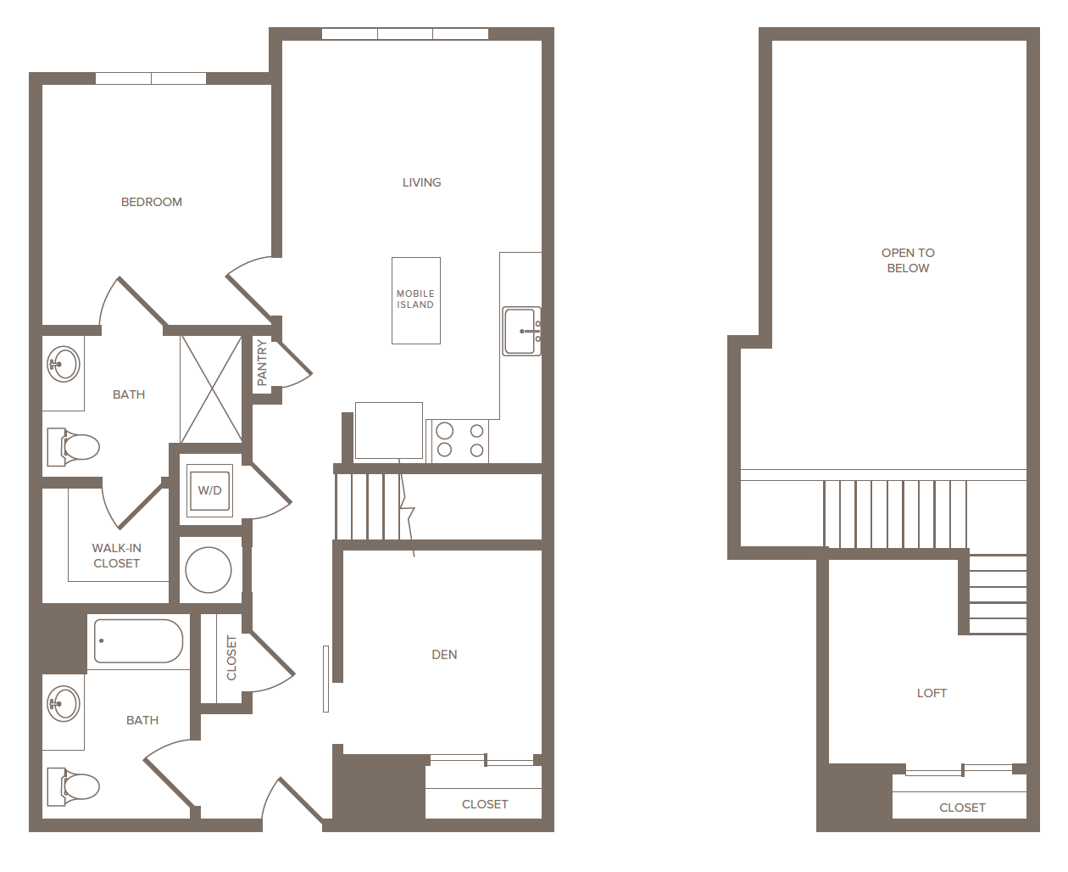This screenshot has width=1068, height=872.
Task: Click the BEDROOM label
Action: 152,202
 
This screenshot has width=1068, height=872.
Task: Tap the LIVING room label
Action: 421,182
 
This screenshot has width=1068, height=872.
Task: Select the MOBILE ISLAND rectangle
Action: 415,300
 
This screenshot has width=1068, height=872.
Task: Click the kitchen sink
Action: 520,331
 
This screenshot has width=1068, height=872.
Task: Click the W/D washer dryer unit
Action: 209,490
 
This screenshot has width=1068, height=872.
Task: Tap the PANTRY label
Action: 262,362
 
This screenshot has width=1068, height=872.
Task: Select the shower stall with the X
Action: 211,388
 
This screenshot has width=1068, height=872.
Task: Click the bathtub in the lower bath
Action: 138,640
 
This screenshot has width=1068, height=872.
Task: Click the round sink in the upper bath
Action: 64,365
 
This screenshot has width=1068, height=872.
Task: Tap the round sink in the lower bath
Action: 64,703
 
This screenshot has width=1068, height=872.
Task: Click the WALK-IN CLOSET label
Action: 117,556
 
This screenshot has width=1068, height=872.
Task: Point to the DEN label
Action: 444,655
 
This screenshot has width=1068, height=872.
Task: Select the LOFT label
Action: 932,693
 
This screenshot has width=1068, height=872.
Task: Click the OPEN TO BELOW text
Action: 908,260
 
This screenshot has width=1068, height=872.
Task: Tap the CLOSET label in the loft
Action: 962,808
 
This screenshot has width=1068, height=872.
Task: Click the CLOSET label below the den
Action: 485,804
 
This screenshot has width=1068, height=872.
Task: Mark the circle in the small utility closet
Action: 209,569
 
